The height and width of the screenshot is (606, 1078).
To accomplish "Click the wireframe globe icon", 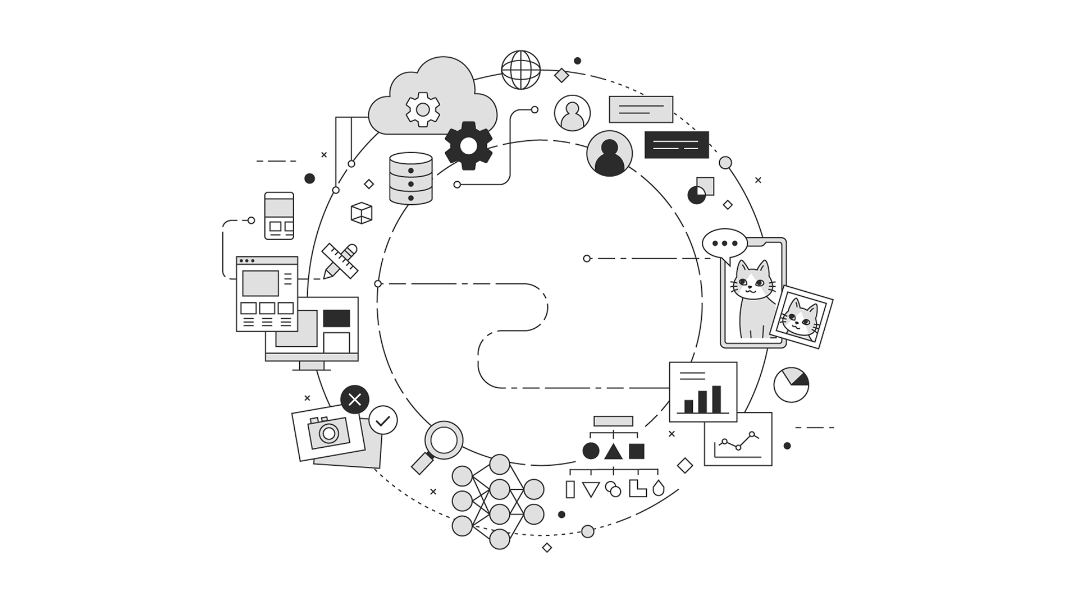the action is [520, 70].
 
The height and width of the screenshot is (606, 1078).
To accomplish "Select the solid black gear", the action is [468, 146].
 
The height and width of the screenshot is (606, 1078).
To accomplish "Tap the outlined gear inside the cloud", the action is [423, 109].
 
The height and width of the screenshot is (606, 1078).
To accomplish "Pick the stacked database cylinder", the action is [411, 178].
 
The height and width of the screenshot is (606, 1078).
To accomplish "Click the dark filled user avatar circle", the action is [609, 153].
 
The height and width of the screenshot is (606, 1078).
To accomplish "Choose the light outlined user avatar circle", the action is [572, 113].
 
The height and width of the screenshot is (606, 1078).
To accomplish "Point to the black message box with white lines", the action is [677, 145].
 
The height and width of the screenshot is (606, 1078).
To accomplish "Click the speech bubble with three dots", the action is [724, 244].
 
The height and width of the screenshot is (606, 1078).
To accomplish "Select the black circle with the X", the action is [355, 400].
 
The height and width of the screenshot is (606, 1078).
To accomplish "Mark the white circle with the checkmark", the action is [383, 420].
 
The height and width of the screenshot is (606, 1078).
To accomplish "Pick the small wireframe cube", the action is [361, 213].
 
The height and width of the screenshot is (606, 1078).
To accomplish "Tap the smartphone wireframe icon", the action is [279, 215].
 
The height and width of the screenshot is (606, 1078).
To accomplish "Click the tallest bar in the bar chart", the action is [716, 399].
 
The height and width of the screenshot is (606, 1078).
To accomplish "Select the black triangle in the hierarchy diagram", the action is [613, 451].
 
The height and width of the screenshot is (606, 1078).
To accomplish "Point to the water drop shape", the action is [659, 488].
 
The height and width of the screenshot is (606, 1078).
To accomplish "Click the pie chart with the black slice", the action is [791, 384].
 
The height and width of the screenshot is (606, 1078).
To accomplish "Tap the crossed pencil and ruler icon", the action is [340, 261].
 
